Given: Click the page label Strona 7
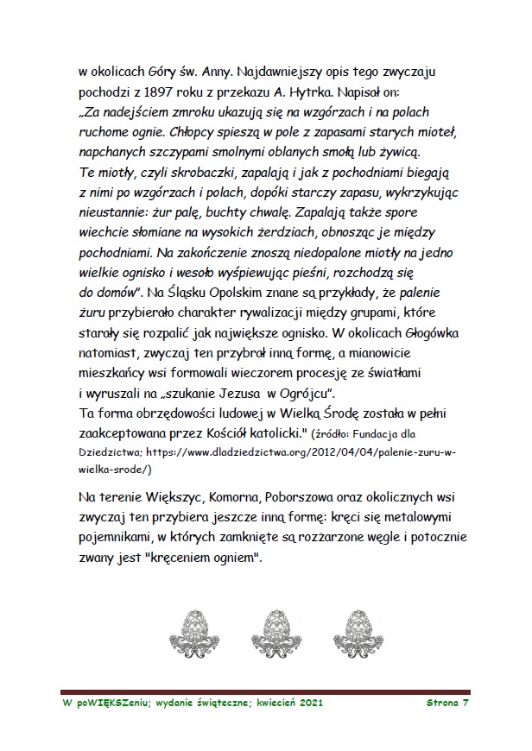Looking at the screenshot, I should [x=447, y=704].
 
